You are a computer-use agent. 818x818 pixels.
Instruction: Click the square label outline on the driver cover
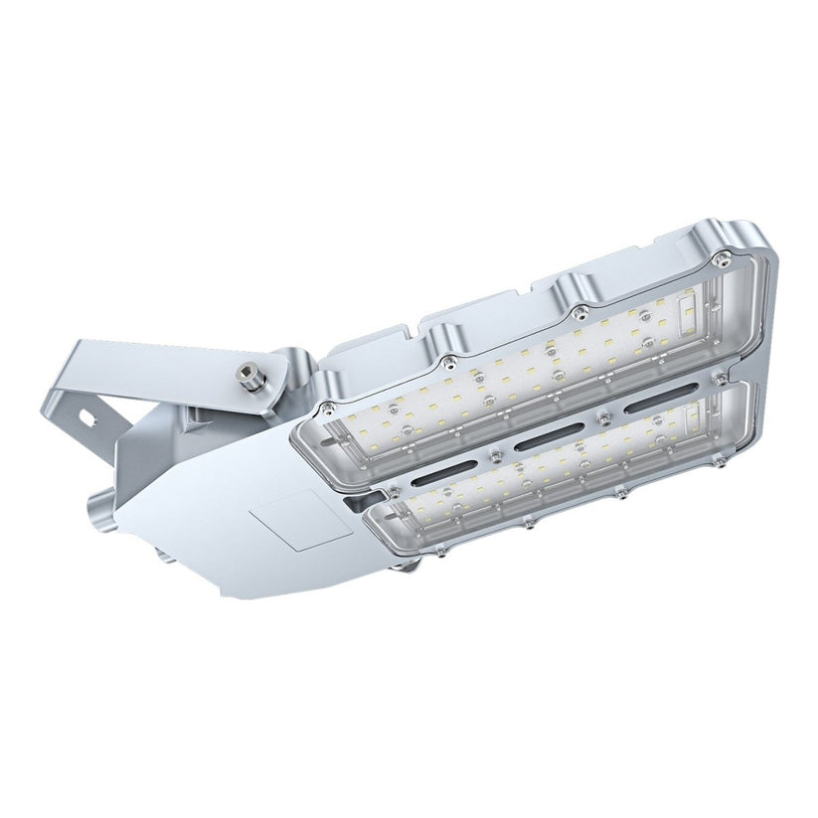[299, 522]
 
